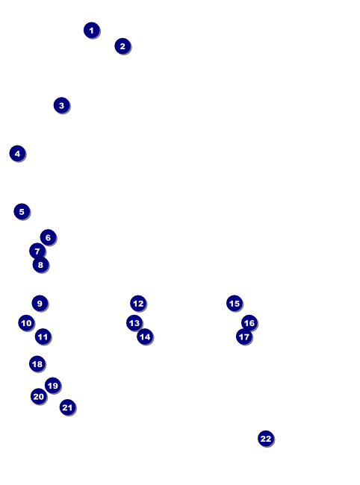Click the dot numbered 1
(x=92, y=31)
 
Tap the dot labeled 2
(x=122, y=46)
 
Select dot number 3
(x=61, y=105)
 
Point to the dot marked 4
(x=17, y=154)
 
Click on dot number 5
(x=22, y=212)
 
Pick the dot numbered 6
(x=48, y=237)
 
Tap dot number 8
(x=40, y=265)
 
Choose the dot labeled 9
(x=40, y=303)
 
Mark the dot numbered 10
(x=26, y=323)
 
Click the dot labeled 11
(x=43, y=337)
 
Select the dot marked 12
(x=138, y=304)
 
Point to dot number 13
(x=134, y=323)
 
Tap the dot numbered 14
(x=145, y=337)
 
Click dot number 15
(x=235, y=303)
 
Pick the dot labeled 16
(x=249, y=323)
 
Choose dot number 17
(x=244, y=337)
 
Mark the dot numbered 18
(x=37, y=364)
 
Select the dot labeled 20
(x=39, y=396)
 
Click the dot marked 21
(x=67, y=407)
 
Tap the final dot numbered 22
(x=266, y=438)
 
